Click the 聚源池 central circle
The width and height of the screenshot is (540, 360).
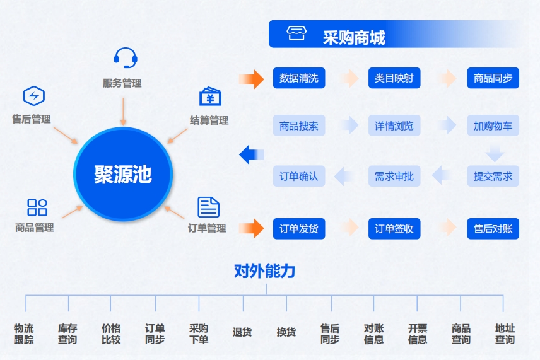coord(123,174)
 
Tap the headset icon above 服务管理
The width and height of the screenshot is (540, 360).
coord(126,58)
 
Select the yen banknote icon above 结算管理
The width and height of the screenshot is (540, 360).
coord(210,96)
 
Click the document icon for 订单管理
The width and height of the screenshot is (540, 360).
coord(208,207)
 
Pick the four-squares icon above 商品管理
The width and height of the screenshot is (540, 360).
coord(37,207)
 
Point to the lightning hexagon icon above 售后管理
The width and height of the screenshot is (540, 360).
coord(34,96)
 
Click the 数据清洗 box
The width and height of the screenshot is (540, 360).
coord(299,78)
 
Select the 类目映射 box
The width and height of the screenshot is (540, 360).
coord(394,78)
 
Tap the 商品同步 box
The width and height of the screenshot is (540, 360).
coord(493,78)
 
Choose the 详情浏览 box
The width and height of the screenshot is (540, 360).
coord(394,125)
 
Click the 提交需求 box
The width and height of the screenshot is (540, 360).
coord(493,176)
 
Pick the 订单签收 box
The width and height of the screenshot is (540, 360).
coord(394,228)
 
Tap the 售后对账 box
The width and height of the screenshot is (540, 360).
coord(493,228)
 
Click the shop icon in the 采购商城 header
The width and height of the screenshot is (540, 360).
coord(296,33)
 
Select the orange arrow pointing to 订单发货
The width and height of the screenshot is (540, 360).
coord(252,228)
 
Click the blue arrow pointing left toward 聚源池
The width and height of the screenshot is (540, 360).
coord(252,154)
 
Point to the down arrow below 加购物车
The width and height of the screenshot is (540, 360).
coord(495,153)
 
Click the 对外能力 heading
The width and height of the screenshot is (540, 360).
coord(264,271)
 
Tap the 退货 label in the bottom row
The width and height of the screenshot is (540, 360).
coord(242,332)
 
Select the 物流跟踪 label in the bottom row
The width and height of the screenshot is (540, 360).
coord(24,334)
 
